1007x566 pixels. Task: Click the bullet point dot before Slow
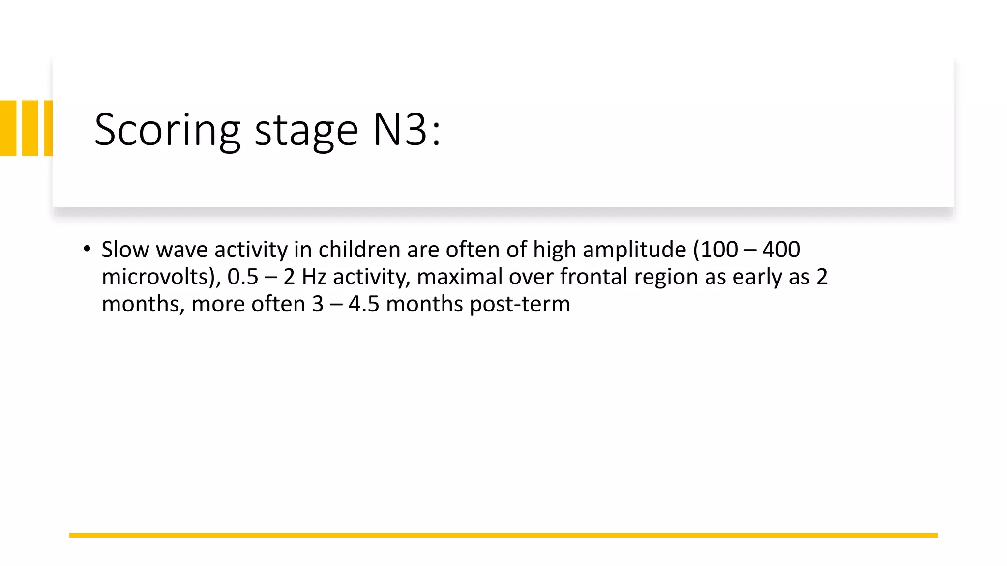[x=87, y=249]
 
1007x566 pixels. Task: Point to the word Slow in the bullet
[x=125, y=250]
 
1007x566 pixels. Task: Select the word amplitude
[x=634, y=250]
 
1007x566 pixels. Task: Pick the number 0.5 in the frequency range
[x=242, y=277]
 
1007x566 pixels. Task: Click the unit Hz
[x=314, y=277]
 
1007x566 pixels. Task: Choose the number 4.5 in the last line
[x=364, y=304]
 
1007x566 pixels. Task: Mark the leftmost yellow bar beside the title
[x=8, y=128]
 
